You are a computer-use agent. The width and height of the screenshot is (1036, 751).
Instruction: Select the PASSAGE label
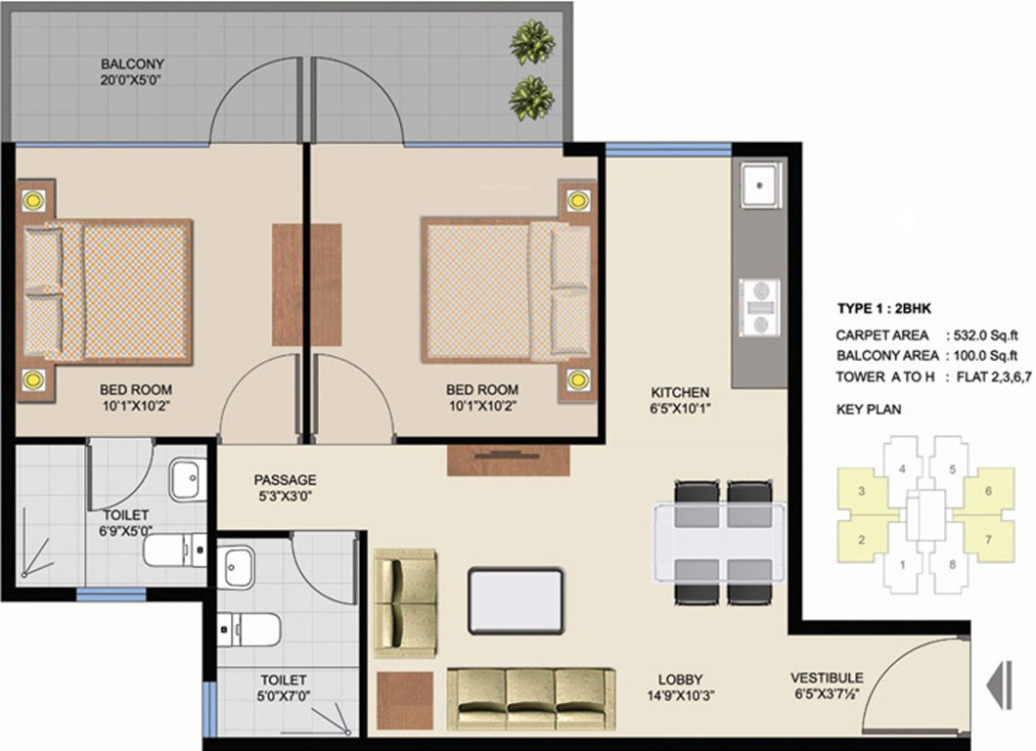(285, 480)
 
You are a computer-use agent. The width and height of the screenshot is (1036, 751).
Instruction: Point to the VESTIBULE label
(827, 678)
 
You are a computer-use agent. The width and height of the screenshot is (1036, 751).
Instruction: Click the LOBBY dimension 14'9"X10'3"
(681, 697)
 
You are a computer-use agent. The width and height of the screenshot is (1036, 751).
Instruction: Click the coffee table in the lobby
(516, 599)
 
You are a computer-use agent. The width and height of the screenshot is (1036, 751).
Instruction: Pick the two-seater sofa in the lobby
(405, 602)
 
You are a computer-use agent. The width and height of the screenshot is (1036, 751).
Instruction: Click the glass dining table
(720, 542)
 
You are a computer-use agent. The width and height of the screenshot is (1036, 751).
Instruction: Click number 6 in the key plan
(988, 491)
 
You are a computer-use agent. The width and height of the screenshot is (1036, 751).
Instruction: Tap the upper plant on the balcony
(531, 42)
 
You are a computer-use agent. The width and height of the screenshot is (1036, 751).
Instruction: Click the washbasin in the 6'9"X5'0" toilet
(186, 481)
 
